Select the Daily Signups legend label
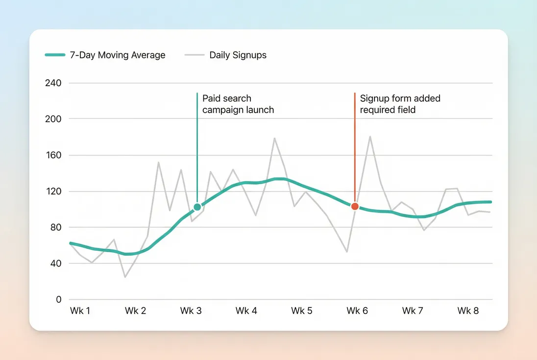pos(238,55)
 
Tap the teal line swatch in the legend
pos(55,55)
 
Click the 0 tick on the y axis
pos(59,299)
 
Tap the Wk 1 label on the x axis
pos(79,311)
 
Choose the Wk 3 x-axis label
pos(191,311)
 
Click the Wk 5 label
pos(301,311)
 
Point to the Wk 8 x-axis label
pos(468,311)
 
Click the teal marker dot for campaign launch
pos(197,207)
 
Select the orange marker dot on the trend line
pos(355,206)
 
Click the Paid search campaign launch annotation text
pos(238,104)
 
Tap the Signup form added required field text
pos(400,104)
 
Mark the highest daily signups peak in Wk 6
pos(370,137)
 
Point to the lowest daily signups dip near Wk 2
pos(125,277)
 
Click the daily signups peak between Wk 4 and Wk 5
pos(274,138)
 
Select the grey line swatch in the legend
pos(195,55)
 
